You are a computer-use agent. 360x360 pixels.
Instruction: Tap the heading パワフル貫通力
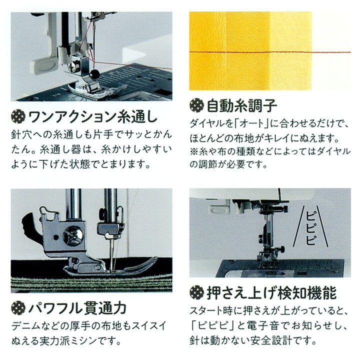coord(78,307)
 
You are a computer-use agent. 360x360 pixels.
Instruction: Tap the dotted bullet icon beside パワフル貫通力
coord(18,307)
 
